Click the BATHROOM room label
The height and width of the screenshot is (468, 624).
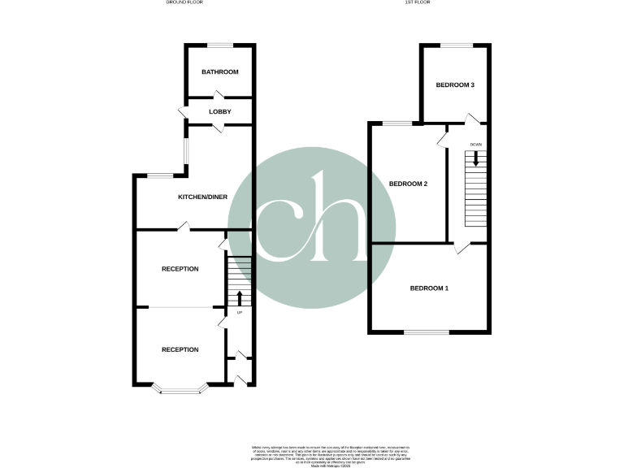tap(220, 72)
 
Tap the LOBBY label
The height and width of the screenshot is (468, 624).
tap(220, 111)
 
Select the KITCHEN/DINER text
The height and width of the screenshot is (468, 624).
tap(203, 197)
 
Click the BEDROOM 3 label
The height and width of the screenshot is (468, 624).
tap(455, 84)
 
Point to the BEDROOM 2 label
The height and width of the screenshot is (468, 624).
tap(408, 184)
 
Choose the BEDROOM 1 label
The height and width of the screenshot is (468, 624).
tap(429, 288)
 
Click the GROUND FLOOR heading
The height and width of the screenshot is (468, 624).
tap(186, 3)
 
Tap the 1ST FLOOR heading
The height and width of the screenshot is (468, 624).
tap(418, 3)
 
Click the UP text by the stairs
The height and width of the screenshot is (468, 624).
tap(239, 313)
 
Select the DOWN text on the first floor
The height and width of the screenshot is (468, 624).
tap(475, 145)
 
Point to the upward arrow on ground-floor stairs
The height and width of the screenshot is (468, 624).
tap(239, 297)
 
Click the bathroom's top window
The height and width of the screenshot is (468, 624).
tap(219, 45)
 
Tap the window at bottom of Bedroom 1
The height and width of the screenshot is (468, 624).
tap(427, 331)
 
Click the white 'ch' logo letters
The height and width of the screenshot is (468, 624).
tap(310, 219)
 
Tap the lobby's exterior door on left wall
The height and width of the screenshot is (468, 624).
tap(183, 112)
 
